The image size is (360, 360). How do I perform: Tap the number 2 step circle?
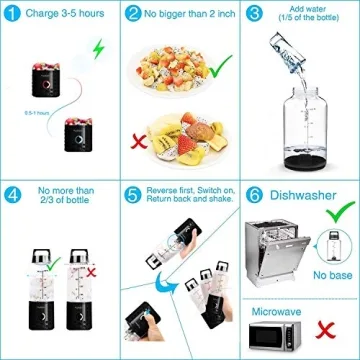coord(133,15)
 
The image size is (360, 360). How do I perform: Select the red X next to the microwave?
coord(325,330)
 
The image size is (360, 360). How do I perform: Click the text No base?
coord(328,274)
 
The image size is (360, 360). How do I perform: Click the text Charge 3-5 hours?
coord(62,15)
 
